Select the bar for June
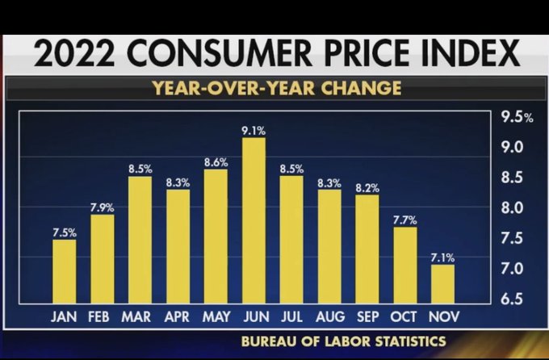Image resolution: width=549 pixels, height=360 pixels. (x=254, y=220)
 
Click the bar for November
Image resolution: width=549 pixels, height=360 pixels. (x=442, y=283)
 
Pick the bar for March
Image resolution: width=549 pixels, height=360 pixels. (x=140, y=240)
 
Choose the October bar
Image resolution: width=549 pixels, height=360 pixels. (x=404, y=265)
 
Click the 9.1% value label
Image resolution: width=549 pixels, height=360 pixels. (x=254, y=129)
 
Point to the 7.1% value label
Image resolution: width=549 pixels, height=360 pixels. (x=442, y=257)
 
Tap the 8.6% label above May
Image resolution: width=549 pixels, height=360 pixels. (x=216, y=161)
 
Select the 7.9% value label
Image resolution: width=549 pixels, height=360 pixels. (x=102, y=207)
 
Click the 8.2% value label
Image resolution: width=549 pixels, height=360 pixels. (x=367, y=187)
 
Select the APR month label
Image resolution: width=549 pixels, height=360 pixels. (x=177, y=316)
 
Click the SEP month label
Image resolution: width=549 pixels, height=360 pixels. (x=367, y=316)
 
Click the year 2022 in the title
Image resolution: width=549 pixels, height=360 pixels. (x=77, y=55)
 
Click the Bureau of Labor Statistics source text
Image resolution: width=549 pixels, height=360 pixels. (x=343, y=341)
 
